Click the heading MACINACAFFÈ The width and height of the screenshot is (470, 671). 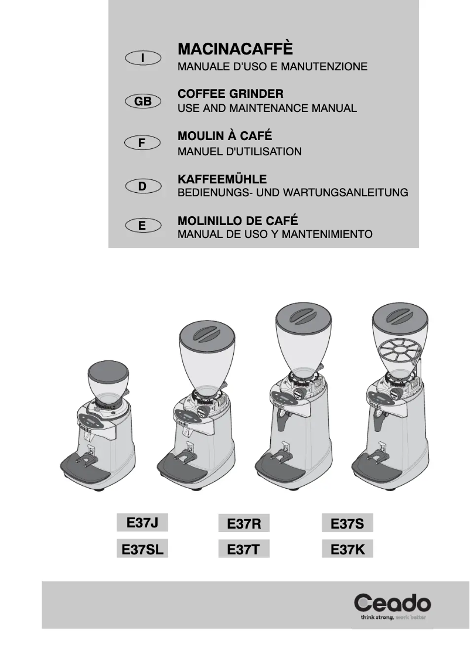pyautogui.click(x=234, y=48)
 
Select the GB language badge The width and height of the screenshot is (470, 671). pyautogui.click(x=143, y=101)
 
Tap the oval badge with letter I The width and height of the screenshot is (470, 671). pyautogui.click(x=143, y=57)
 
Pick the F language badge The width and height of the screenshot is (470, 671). pyautogui.click(x=143, y=142)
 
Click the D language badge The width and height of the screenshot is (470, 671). pyautogui.click(x=143, y=186)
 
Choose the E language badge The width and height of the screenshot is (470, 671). pyautogui.click(x=143, y=225)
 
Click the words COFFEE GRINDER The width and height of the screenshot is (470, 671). pyautogui.click(x=230, y=93)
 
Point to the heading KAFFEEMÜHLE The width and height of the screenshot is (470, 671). pyautogui.click(x=222, y=179)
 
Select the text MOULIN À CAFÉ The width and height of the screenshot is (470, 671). pyautogui.click(x=224, y=136)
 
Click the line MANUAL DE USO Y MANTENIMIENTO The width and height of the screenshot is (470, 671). pyautogui.click(x=275, y=234)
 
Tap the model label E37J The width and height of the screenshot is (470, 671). pyautogui.click(x=142, y=521)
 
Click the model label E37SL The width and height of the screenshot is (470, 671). pyautogui.click(x=142, y=549)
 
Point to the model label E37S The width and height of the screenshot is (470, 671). pyautogui.click(x=347, y=523)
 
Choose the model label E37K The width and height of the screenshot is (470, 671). pyautogui.click(x=347, y=550)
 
